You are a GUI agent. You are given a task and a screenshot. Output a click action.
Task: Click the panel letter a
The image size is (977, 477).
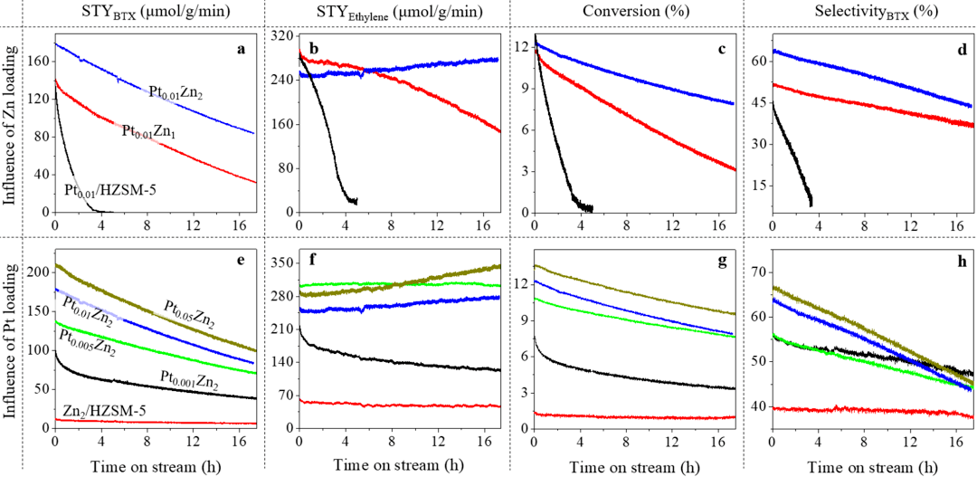[242, 50]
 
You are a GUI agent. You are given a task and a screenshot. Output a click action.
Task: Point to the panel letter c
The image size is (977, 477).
[721, 50]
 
